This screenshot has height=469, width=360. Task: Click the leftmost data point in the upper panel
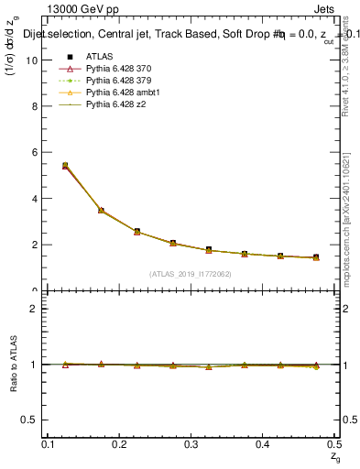coord(64,166)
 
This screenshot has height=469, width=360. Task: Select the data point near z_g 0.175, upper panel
coord(101,211)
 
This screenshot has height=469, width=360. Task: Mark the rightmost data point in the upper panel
coord(316,257)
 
